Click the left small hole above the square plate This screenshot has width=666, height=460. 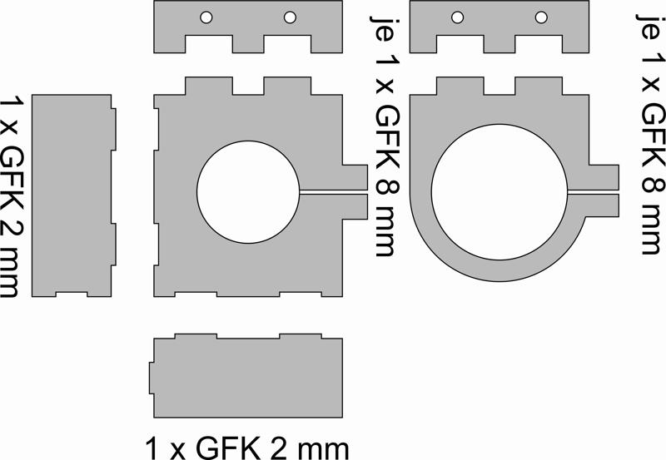[206, 17]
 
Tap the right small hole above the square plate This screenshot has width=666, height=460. [290, 17]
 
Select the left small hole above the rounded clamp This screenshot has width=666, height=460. [457, 17]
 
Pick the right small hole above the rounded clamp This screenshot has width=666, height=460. [541, 17]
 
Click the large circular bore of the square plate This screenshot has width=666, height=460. [248, 192]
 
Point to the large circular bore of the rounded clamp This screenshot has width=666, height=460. [499, 192]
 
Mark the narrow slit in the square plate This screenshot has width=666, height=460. [334, 192]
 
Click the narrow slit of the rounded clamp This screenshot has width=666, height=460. [593, 192]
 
